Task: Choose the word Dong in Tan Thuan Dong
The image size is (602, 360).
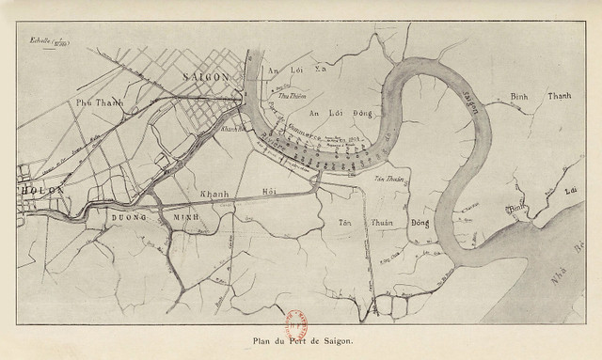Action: tap(418, 224)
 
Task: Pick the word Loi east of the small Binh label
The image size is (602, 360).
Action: tap(568, 191)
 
